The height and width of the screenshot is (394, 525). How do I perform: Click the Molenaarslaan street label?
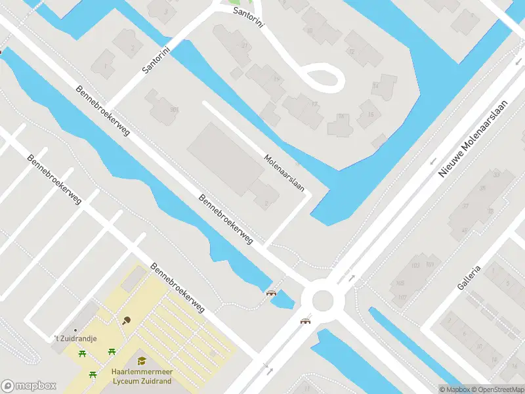[x=285, y=173]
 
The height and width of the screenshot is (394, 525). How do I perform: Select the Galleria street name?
[x=471, y=278]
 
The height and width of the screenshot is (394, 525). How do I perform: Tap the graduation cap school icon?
[x=141, y=361]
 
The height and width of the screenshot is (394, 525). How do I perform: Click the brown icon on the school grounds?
[x=126, y=320]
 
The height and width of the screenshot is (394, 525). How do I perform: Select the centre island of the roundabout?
[x=323, y=301]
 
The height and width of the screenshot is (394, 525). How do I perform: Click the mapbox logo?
[x=29, y=386]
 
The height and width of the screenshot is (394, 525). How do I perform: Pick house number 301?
[x=174, y=109]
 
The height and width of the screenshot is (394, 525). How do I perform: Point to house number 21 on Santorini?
[x=245, y=45]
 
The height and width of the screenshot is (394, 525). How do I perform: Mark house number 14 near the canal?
[x=375, y=85]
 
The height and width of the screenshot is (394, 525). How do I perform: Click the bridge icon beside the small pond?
[x=270, y=293]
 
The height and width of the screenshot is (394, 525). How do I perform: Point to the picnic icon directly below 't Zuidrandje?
[x=82, y=355]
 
